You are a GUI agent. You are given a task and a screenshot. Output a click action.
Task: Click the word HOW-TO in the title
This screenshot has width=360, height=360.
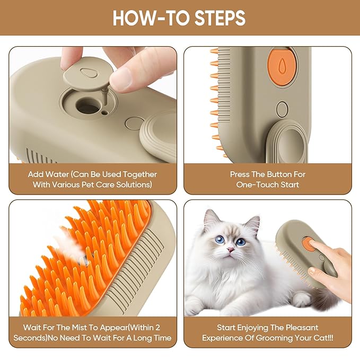point(144,19)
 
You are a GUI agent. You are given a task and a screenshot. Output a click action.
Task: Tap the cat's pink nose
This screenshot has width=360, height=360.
point(231,249)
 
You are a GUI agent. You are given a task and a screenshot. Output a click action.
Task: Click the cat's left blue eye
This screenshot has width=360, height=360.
point(218,240)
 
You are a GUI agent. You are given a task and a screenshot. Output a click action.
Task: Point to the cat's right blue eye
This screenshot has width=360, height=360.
point(241,242)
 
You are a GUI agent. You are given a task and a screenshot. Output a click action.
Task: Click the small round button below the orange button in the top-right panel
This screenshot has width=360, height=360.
point(282,109)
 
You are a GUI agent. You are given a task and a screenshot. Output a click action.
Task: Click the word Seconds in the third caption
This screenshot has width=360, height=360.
point(40,338)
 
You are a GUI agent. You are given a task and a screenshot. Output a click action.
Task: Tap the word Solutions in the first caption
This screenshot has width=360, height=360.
point(131,185)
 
